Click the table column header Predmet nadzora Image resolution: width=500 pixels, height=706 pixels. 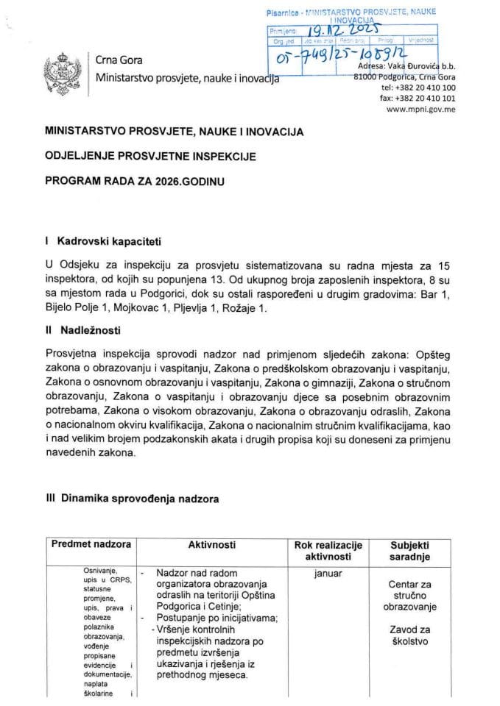click(91, 545)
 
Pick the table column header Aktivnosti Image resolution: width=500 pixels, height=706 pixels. click(211, 545)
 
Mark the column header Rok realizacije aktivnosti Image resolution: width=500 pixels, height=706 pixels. click(328, 551)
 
